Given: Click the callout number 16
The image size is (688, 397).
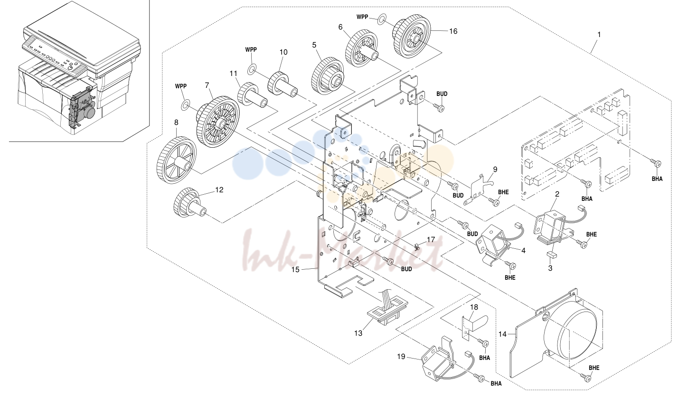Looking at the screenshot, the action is tap(453, 31).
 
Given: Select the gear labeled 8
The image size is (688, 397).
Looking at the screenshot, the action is tap(177, 161).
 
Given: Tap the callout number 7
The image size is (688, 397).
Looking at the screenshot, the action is tap(207, 85).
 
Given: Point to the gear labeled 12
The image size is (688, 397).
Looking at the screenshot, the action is tap(189, 203).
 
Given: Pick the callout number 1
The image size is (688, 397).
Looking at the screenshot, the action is tap(599, 35).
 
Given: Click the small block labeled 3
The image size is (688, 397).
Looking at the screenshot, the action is tap(550, 254).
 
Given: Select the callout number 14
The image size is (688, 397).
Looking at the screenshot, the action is tap(502, 334).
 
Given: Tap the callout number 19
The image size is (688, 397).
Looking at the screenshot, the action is tap(401, 357).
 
